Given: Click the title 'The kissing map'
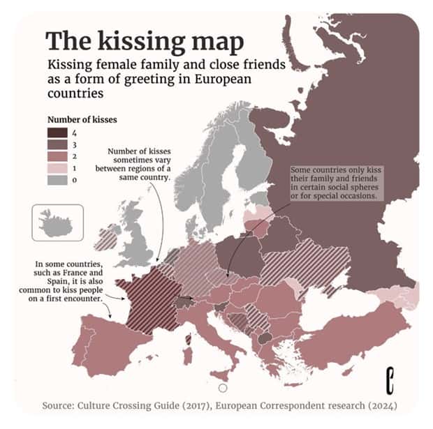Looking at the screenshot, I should coord(145,41).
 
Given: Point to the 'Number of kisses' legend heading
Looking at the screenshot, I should coord(82,119).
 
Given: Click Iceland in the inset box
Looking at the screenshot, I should coord(57,223).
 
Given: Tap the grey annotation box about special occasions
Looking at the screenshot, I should coord(335,183).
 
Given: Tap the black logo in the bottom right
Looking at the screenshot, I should coord(392,382).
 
